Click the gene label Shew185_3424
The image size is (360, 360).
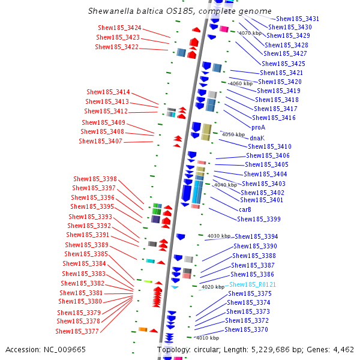(119, 28)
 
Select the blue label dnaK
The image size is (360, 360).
(257, 138)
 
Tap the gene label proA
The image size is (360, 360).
(259, 127)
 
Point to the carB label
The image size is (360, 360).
(245, 209)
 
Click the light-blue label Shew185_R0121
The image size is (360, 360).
(253, 284)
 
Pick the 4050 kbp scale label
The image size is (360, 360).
(233, 135)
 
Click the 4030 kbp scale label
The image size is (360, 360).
(218, 236)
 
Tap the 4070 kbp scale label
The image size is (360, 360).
(250, 34)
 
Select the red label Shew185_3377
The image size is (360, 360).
(77, 331)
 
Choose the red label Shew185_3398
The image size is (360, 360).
(95, 179)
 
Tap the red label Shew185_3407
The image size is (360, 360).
(100, 142)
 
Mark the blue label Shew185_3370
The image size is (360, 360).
(246, 329)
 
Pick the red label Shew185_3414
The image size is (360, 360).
(108, 92)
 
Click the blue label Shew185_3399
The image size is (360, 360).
(259, 219)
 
